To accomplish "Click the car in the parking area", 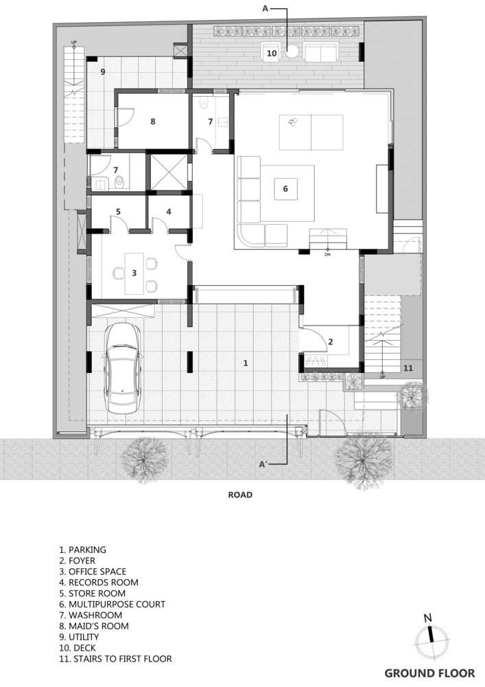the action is [x=123, y=369].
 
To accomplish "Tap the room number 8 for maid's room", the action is [x=152, y=122].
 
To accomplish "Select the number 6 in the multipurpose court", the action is [x=285, y=188].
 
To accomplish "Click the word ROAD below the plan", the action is [x=240, y=495].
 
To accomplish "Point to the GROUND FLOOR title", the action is [x=429, y=673].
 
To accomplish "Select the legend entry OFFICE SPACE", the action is [x=93, y=572].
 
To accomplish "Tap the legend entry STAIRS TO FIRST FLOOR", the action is [x=115, y=659].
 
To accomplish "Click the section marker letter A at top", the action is [x=265, y=8].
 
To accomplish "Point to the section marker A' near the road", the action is [x=263, y=464].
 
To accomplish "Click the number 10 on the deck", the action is [x=272, y=53].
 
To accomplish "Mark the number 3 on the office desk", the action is [x=134, y=273].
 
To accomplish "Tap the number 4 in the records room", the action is [x=169, y=212].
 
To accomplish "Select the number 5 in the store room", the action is [x=118, y=212].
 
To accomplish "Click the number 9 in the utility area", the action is [x=103, y=71].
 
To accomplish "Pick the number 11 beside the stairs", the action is [x=408, y=368].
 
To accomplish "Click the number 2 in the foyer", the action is [x=331, y=341].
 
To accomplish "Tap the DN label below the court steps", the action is [x=327, y=255].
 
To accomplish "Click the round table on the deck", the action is [x=292, y=52].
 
